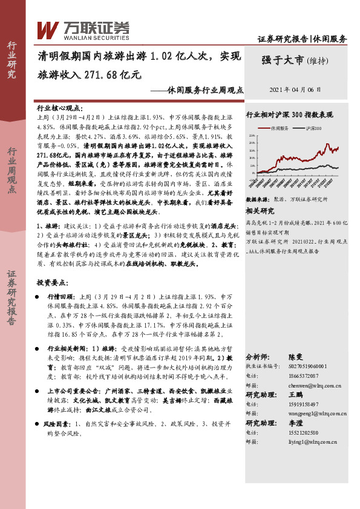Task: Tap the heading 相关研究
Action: (x=260, y=211)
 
